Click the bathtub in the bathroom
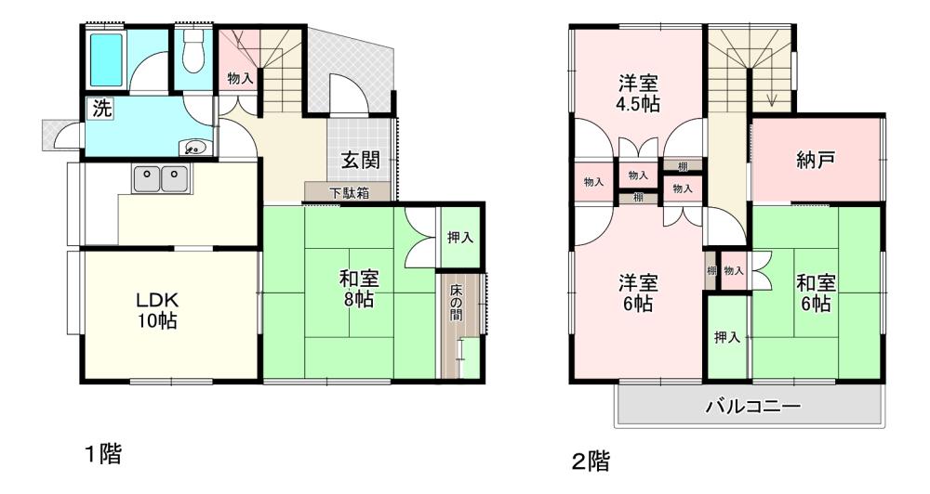point(106,59)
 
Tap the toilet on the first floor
point(193,51)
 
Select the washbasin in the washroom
point(195,148)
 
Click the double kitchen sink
point(161,178)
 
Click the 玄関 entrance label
point(360,160)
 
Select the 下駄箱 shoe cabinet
point(349,192)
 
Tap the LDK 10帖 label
point(157,310)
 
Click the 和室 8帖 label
point(359,289)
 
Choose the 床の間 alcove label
point(456,303)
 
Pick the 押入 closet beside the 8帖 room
point(460,238)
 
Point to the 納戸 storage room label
point(816,160)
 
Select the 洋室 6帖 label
point(638,292)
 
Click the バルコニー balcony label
point(752,407)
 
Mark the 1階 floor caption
point(103,454)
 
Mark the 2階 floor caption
point(591,461)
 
